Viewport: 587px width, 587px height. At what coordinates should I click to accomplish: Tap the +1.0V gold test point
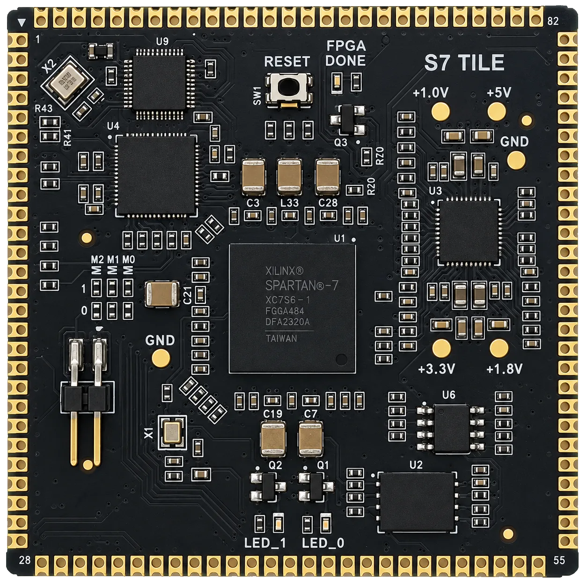tap(441, 111)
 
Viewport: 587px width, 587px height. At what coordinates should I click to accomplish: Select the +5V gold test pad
tap(497, 111)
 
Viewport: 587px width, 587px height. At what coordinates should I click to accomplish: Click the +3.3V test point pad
tap(441, 348)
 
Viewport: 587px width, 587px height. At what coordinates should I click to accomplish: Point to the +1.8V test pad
tap(499, 348)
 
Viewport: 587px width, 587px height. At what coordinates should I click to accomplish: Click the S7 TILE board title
tap(464, 62)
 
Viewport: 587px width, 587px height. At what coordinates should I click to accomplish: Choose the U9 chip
tap(159, 83)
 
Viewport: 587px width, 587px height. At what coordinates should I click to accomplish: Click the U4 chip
tap(156, 175)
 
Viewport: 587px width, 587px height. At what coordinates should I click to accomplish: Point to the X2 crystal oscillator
tap(67, 82)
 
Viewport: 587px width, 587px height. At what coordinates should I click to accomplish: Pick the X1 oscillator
tap(172, 432)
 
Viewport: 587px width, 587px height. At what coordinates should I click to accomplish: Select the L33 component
tap(289, 176)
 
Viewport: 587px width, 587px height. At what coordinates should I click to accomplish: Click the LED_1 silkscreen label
tap(265, 543)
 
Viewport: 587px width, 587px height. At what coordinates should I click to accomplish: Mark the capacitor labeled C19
tap(273, 439)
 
